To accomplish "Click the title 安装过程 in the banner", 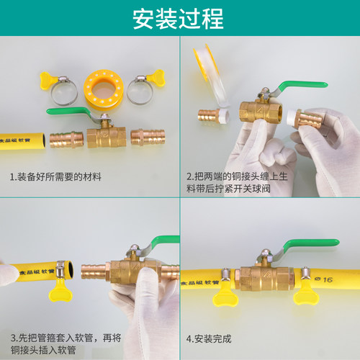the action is [178, 19].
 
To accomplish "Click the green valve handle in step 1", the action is [68, 111].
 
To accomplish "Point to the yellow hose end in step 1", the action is [22, 141].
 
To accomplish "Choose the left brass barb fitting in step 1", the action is [66, 140].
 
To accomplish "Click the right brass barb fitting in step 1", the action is [148, 138].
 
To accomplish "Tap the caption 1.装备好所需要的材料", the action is [55, 177].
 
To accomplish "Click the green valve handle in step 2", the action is [303, 86].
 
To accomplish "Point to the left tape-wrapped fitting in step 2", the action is [213, 117].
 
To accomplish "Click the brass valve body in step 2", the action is [261, 112].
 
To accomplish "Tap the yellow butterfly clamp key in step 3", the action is [60, 290].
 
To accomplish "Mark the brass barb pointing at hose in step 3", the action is [94, 272].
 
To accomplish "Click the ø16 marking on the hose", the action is [324, 279].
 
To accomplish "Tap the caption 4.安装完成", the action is [209, 339].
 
